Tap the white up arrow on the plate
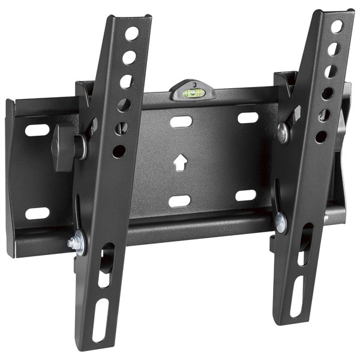coord(179,163)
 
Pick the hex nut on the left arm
coord(73,244)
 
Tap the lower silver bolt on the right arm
coord(280,223)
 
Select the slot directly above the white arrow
coord(181,122)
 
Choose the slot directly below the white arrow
coord(180,201)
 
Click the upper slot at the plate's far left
coord(37,130)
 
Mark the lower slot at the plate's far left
coord(37,212)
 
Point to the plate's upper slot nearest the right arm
coord(247,118)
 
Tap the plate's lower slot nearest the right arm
coord(245,195)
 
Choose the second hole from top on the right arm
coord(334,49)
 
